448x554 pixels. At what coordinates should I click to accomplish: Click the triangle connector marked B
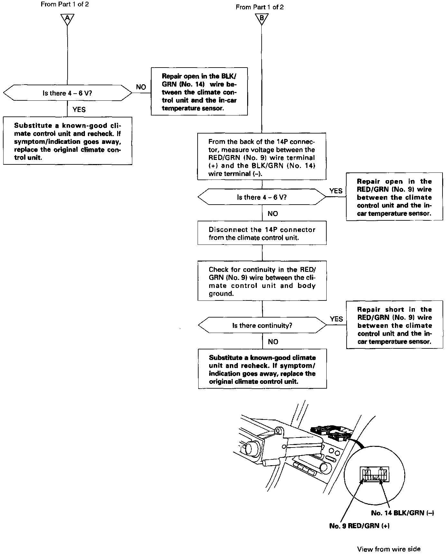261,18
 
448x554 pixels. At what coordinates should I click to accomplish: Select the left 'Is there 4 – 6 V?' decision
67,93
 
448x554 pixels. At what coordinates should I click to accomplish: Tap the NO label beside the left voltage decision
141,87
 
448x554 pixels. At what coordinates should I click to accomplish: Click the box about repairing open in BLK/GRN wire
199,91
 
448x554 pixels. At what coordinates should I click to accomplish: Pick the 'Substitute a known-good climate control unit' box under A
68,141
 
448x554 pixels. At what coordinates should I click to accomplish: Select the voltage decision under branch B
262,197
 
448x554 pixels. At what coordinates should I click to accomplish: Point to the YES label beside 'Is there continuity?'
336,319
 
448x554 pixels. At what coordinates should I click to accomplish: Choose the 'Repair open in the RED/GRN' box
394,197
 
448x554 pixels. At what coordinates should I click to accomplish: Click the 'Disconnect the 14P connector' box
262,233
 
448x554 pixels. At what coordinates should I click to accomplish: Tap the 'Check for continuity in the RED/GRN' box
262,281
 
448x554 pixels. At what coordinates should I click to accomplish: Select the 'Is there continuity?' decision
262,325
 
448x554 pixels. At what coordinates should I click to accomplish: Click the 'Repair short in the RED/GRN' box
395,325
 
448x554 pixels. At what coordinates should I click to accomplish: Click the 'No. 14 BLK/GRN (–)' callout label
402,513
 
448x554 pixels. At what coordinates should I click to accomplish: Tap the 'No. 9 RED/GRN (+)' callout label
359,526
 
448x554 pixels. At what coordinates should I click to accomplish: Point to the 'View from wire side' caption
388,549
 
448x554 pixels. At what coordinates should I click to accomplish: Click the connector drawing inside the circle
374,475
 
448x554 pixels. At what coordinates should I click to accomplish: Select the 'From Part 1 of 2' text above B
260,7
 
